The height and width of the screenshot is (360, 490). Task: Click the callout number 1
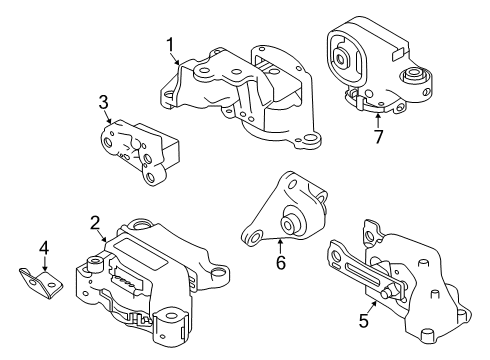[x=171, y=44]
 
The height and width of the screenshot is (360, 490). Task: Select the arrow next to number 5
[x=376, y=303]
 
